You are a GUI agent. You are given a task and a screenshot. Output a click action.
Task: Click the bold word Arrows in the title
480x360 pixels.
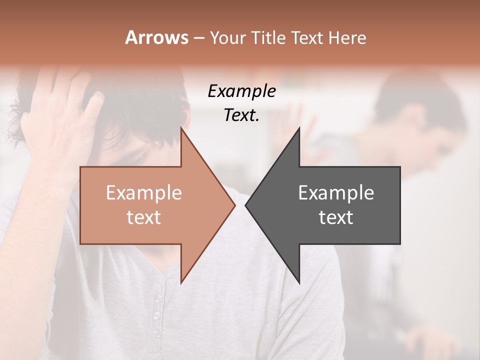point(156,37)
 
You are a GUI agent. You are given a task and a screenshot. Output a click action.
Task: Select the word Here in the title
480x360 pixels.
point(347,37)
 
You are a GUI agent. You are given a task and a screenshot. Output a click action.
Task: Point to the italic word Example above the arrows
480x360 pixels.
point(241,91)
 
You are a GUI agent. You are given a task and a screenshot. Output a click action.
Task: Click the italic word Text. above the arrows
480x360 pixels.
point(241,115)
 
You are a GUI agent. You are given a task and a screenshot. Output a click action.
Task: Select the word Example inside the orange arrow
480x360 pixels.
point(143,193)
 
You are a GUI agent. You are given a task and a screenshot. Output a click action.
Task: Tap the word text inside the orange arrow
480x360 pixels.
point(143,217)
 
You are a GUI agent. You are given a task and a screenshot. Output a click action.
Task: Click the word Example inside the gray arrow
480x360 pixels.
point(336,193)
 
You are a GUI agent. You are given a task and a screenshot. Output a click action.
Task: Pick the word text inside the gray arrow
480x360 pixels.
point(336,217)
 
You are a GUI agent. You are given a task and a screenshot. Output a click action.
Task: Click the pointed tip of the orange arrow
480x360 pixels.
point(234,205)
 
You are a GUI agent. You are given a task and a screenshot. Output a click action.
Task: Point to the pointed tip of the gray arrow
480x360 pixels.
point(246,205)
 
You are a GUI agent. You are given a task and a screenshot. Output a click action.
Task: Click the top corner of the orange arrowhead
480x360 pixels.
point(181,128)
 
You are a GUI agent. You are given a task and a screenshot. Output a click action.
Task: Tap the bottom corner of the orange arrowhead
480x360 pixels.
point(181,282)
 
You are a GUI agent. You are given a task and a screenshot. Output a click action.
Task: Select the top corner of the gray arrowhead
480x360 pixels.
point(299,128)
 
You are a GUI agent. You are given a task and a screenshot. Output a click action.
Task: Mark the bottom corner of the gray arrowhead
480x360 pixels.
point(299,282)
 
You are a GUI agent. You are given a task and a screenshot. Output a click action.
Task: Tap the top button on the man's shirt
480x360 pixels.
point(158,298)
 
